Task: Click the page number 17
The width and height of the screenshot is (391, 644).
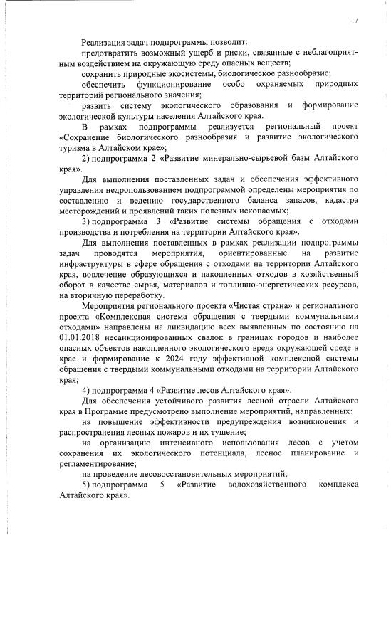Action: pyautogui.click(x=354, y=20)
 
